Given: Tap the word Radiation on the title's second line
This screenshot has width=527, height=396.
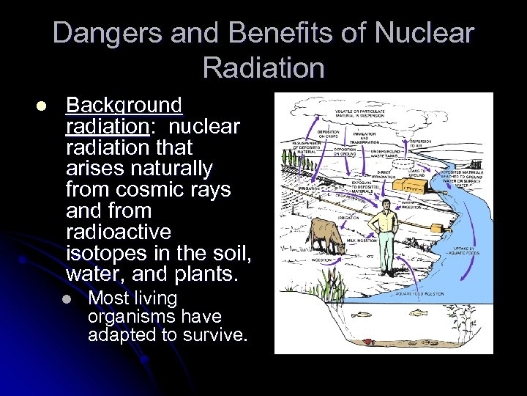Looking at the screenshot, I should (263, 67).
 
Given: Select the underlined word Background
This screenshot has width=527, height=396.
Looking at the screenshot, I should (124, 106).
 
